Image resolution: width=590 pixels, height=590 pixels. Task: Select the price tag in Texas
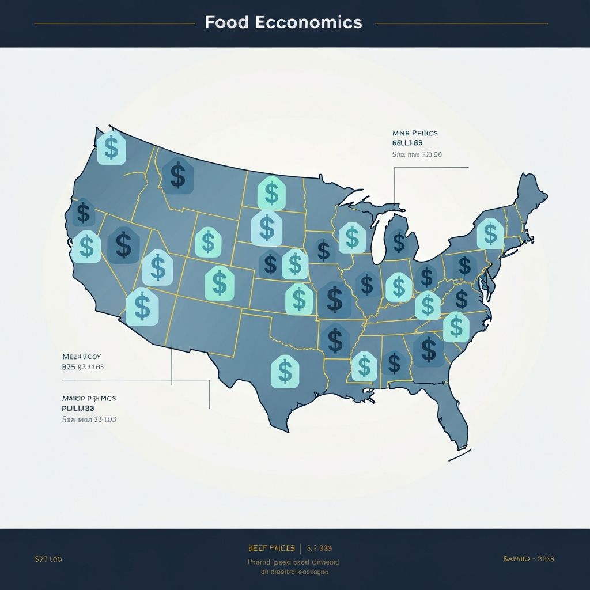[x=285, y=370]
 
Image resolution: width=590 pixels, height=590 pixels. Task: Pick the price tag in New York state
[x=490, y=233]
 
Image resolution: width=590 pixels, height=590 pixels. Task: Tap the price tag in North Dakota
[x=270, y=192]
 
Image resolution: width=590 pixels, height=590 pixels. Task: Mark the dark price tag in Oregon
[x=84, y=213]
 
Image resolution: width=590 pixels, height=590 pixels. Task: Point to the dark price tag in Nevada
[x=123, y=244]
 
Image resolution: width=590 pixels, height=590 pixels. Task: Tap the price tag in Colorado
[x=220, y=283]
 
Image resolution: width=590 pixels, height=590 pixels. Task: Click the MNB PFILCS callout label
[x=415, y=133]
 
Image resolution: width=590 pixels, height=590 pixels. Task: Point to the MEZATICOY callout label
[x=81, y=357]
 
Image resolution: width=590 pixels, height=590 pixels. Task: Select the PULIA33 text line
[x=78, y=407]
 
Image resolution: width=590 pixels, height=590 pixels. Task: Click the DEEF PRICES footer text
[x=271, y=548]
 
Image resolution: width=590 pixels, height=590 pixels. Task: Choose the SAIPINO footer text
[x=528, y=559]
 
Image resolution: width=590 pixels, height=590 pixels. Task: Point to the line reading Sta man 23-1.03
[x=89, y=419]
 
